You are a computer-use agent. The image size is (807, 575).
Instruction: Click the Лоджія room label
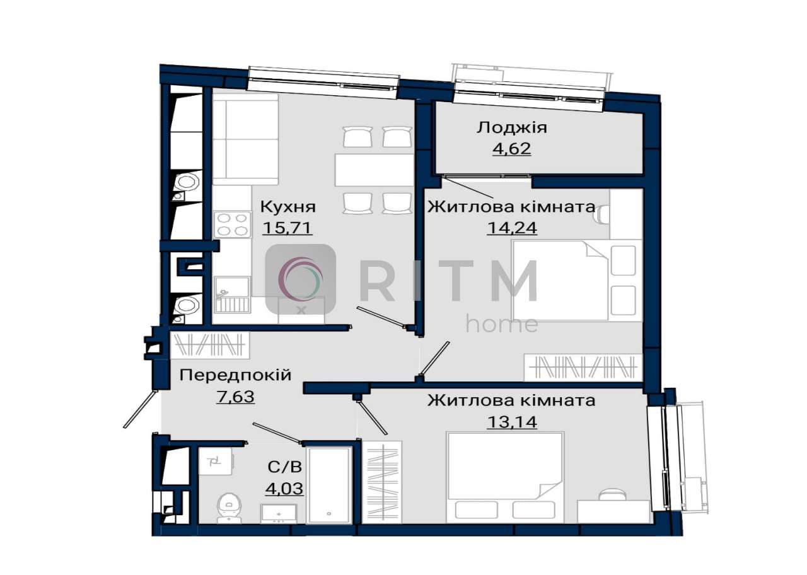(x=511, y=128)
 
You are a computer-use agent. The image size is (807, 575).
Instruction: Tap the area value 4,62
(x=511, y=148)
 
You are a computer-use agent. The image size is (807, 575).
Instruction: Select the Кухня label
(x=288, y=207)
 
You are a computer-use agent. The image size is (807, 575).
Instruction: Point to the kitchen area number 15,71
(x=287, y=228)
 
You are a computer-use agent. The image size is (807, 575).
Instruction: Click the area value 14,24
(x=512, y=228)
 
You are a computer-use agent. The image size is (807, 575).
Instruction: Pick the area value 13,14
(x=512, y=422)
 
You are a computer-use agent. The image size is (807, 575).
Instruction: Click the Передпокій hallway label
(x=235, y=375)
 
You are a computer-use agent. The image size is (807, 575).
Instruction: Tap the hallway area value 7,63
(x=236, y=397)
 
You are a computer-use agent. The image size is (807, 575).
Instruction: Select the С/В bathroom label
(x=284, y=467)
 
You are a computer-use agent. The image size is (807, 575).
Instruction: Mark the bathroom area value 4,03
(x=284, y=489)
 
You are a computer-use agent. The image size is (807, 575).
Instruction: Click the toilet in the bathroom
(x=229, y=508)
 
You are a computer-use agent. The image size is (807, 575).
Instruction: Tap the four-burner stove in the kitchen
(x=233, y=224)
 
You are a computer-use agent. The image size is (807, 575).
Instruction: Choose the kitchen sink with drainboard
(x=233, y=294)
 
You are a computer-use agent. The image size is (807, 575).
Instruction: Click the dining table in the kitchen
(x=374, y=170)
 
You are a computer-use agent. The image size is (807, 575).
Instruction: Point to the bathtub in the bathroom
(x=329, y=485)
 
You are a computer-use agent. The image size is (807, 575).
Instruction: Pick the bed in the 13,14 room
(x=505, y=477)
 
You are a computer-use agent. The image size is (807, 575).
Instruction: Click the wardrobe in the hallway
(x=210, y=345)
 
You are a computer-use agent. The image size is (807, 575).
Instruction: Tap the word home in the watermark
(x=502, y=324)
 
